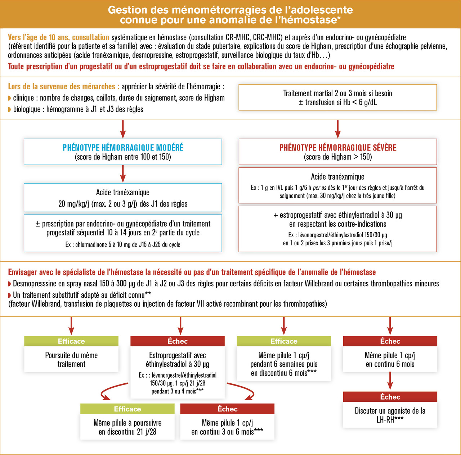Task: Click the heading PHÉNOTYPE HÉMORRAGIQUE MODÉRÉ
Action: (x=123, y=148)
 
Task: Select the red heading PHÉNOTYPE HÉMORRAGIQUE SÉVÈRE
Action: (x=338, y=148)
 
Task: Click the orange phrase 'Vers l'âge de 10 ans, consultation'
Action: (x=58, y=37)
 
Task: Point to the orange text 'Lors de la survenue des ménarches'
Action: (x=61, y=86)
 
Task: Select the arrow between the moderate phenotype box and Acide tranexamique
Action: (x=123, y=174)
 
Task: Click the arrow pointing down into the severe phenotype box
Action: (x=337, y=129)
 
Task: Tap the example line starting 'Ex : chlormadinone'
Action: (x=123, y=244)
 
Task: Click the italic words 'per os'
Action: (x=319, y=188)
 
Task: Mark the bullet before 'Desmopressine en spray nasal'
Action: (x=10, y=284)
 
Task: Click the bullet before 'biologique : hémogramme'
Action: (x=10, y=109)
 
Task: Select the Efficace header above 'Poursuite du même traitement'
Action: (x=71, y=341)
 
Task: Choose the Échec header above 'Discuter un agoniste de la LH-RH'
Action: (x=390, y=397)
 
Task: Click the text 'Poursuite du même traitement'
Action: (x=71, y=360)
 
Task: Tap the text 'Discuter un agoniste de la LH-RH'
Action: (x=390, y=415)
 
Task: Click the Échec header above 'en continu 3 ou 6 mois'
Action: (x=227, y=409)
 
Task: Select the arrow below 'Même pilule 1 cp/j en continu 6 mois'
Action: (x=390, y=381)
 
